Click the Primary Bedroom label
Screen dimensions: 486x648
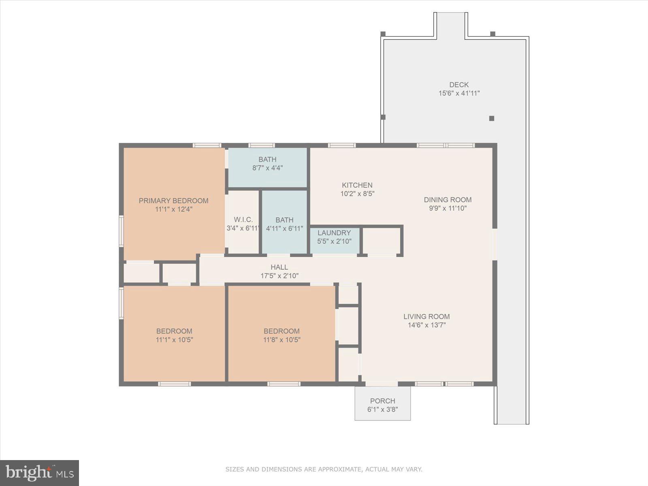click(173, 200)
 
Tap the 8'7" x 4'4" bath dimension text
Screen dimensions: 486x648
click(267, 168)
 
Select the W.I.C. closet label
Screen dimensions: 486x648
click(243, 220)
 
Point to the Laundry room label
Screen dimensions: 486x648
click(334, 233)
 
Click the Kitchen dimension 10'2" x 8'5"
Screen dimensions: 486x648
click(357, 194)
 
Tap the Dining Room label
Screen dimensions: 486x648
click(448, 200)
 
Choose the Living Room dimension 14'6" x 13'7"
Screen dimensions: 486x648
click(426, 325)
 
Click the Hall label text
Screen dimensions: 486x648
click(279, 267)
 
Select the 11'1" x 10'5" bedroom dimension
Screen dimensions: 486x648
click(174, 340)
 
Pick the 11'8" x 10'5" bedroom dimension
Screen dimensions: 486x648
click(281, 340)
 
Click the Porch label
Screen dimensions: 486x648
click(382, 401)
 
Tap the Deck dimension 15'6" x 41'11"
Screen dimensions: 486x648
click(459, 93)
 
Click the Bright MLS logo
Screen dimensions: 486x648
click(39, 473)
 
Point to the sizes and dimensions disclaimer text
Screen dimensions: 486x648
click(324, 469)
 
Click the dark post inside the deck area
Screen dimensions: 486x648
click(491, 118)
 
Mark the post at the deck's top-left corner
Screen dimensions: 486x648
click(383, 34)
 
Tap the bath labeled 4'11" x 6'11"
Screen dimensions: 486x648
click(284, 224)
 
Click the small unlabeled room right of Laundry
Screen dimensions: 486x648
click(381, 241)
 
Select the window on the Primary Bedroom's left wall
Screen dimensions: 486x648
click(121, 231)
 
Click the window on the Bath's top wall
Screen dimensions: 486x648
click(261, 145)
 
